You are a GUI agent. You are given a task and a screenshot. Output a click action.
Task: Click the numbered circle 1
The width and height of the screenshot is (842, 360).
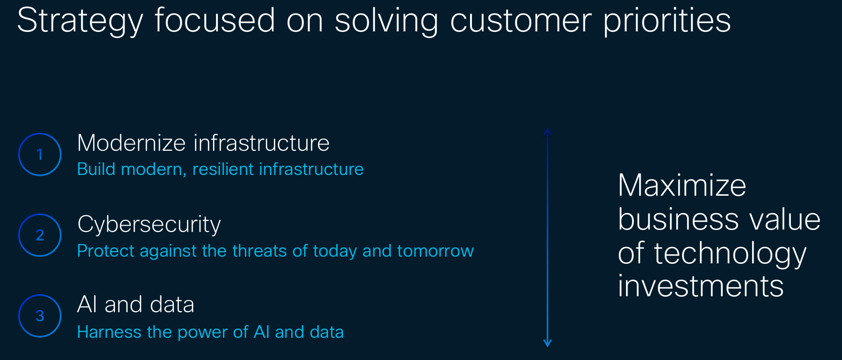(40, 155)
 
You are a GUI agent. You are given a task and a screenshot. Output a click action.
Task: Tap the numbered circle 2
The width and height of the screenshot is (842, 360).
(40, 235)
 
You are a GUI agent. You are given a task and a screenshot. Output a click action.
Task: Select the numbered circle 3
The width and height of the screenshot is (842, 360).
(40, 316)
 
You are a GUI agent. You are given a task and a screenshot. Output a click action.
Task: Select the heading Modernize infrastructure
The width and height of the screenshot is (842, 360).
(203, 144)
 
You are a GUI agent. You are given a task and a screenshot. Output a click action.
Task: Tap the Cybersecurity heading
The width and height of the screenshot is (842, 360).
(149, 225)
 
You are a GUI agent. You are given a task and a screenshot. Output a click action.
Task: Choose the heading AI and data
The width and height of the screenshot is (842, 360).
(135, 305)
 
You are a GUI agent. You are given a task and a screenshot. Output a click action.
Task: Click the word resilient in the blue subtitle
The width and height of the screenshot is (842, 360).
(223, 170)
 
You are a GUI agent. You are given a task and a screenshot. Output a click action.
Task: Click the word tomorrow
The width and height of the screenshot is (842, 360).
(435, 251)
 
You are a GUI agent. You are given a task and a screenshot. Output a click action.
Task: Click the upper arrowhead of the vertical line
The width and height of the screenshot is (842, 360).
(547, 131)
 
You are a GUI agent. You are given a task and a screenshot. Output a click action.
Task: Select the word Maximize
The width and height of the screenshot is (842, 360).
(682, 186)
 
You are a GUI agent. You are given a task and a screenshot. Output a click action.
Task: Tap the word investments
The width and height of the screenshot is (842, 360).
(700, 286)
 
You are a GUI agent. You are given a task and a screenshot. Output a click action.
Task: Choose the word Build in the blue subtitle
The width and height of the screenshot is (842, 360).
(96, 170)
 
